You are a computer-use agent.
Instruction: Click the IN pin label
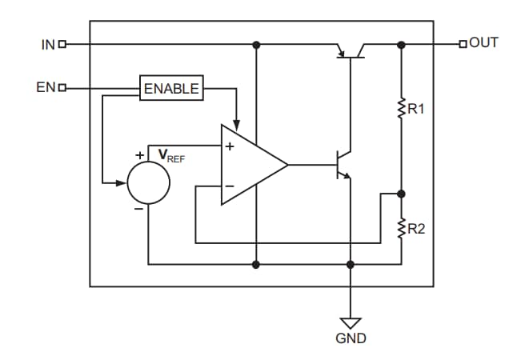pyautogui.click(x=47, y=44)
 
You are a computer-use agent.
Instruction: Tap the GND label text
pyautogui.click(x=351, y=338)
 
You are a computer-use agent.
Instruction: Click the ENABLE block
pyautogui.click(x=170, y=88)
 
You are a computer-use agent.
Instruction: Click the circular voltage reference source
pyautogui.click(x=149, y=182)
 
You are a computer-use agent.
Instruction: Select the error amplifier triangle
pyautogui.click(x=250, y=165)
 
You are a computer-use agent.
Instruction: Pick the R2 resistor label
pyautogui.click(x=416, y=230)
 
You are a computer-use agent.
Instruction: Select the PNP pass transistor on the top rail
pyautogui.click(x=351, y=50)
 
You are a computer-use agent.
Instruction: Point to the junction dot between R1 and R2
pyautogui.click(x=401, y=194)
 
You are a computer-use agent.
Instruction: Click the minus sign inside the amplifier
pyautogui.click(x=229, y=186)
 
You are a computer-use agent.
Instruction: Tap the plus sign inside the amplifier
pyautogui.click(x=230, y=146)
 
